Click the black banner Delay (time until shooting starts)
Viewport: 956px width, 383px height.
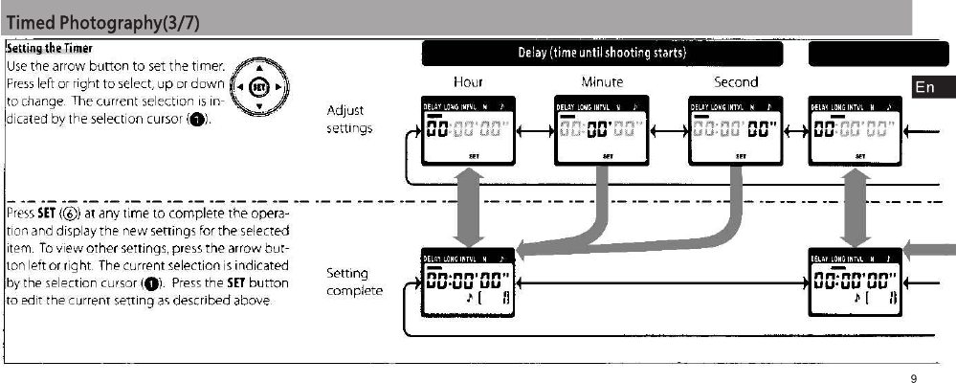tap(603, 52)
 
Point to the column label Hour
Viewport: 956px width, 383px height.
tap(469, 82)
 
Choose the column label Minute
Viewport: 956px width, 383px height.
tap(602, 82)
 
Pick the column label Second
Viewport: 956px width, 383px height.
tap(736, 82)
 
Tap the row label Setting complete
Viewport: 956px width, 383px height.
tap(354, 282)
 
